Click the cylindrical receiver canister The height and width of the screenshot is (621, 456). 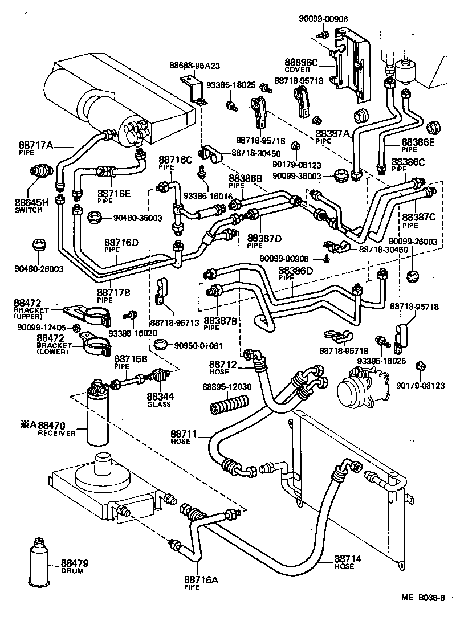click(98, 416)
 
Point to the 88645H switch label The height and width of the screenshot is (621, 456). click(32, 202)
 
